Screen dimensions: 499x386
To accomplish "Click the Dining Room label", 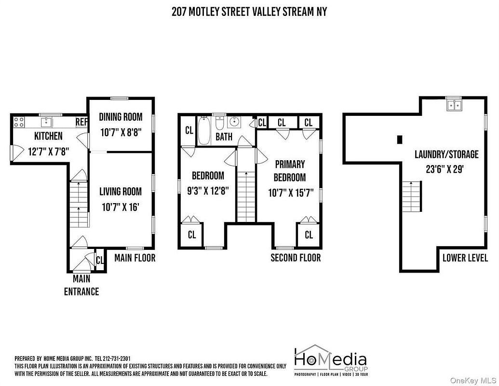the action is click(121, 117).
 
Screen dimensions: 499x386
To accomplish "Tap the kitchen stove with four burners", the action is click(19, 122).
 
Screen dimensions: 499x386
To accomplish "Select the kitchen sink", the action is click(47, 122).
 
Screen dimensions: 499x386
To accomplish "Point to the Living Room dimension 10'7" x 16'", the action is click(121, 207).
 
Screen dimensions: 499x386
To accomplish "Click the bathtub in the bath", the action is click(203, 131).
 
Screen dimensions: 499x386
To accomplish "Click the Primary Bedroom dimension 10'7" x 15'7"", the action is click(291, 193).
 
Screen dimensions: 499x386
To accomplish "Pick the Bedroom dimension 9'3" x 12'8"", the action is click(208, 191).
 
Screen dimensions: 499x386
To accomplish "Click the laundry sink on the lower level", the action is click(454, 105).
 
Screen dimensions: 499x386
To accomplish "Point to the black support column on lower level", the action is click(400, 139).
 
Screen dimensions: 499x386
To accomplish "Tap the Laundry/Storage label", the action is click(446, 154).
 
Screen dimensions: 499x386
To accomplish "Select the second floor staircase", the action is click(246, 196).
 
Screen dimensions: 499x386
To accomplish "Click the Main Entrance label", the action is click(81, 285).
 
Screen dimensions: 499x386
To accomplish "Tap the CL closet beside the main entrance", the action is click(100, 260).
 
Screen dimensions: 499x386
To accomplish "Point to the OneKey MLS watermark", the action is click(478, 380).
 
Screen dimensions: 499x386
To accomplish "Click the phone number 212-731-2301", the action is click(113, 358).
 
